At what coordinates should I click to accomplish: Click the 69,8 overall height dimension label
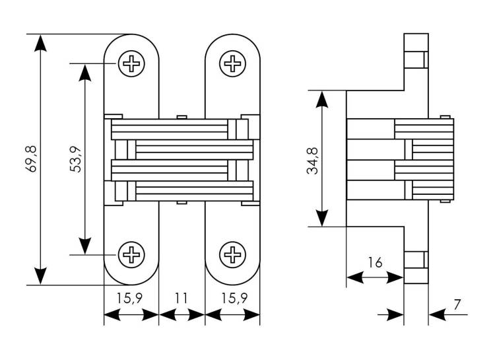[31, 159]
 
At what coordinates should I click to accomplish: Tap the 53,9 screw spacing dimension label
[75, 160]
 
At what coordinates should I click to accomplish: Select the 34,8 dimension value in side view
[313, 161]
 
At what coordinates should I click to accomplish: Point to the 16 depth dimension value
[375, 263]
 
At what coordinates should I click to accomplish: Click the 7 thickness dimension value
[457, 305]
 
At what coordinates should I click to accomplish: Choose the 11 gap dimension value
[181, 298]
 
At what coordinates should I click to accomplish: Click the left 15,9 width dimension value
[129, 298]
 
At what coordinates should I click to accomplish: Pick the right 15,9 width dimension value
[234, 298]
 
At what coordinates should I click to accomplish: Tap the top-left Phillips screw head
[131, 63]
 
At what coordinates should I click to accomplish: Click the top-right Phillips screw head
[233, 63]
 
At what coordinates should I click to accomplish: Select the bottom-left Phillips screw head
[131, 254]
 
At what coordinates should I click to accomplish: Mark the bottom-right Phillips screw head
[233, 254]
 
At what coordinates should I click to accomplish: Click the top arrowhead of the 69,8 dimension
[40, 43]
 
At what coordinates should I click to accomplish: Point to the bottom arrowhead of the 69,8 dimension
[40, 276]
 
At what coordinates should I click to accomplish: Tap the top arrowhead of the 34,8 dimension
[321, 99]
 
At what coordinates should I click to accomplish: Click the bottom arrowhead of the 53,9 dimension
[85, 246]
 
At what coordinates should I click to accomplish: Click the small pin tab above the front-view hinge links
[182, 118]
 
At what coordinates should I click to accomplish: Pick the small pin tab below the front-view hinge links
[182, 202]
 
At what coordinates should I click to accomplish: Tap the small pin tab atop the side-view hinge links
[445, 117]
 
